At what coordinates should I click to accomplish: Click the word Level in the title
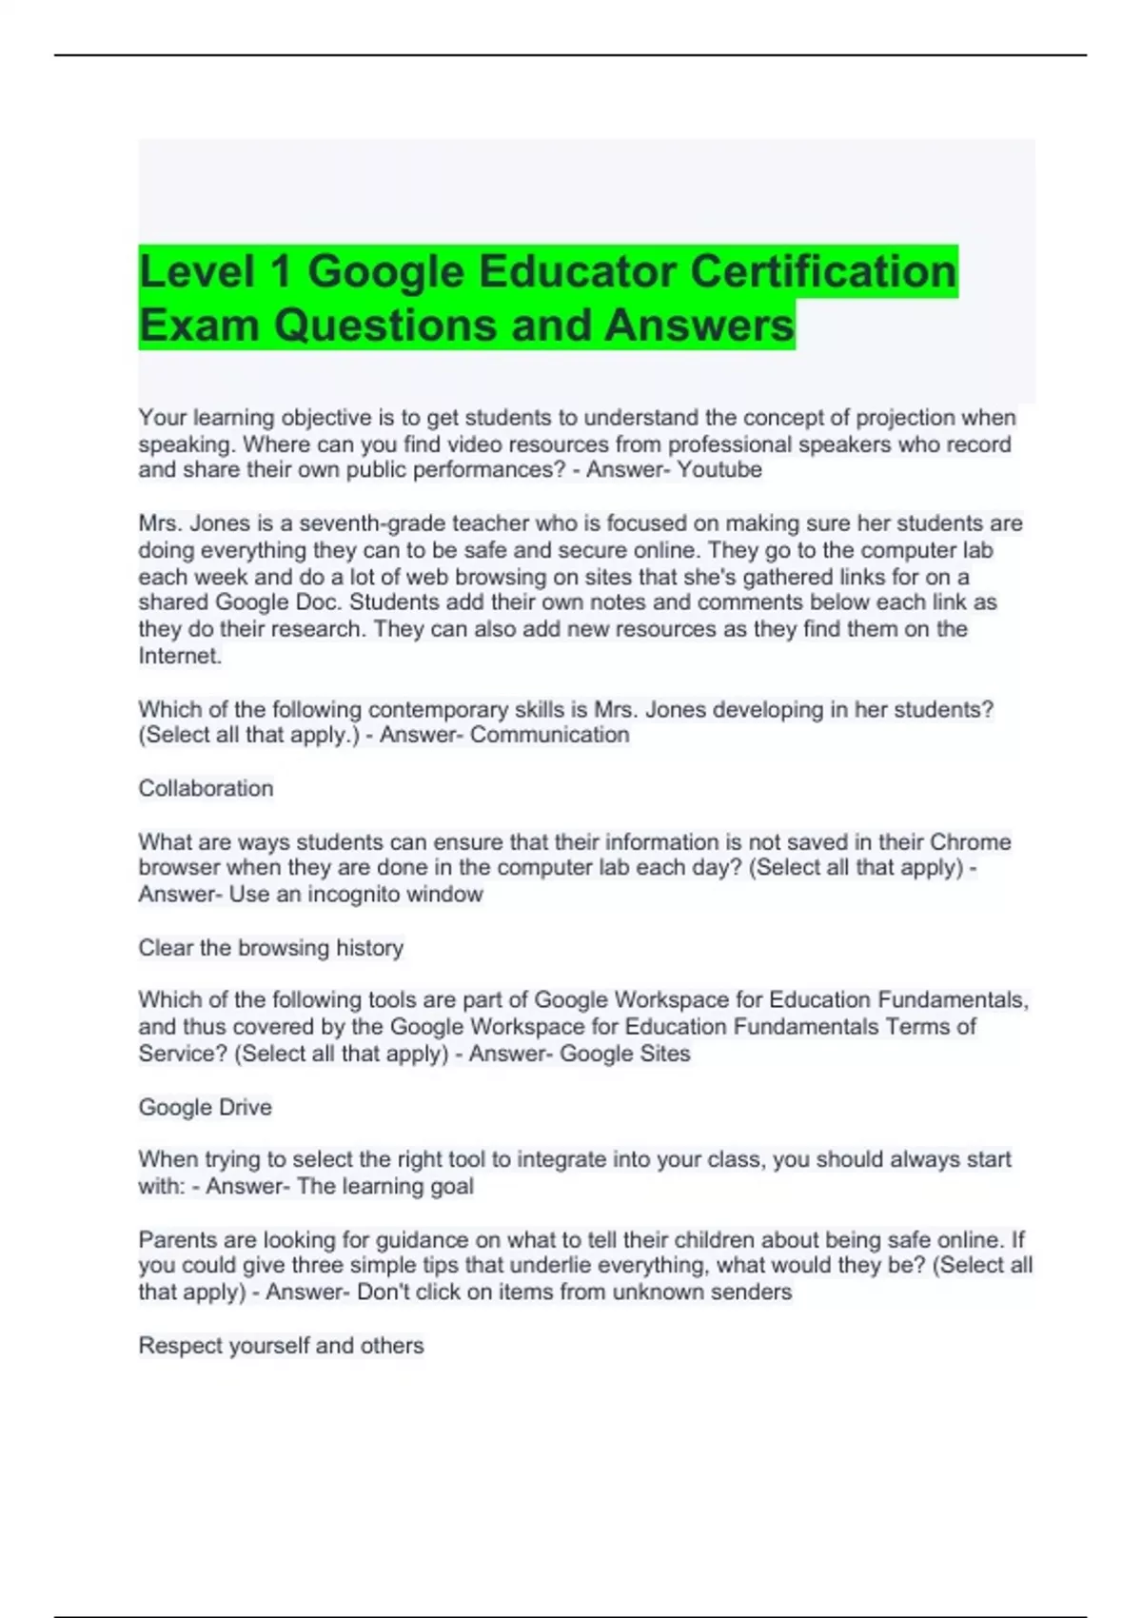pos(196,272)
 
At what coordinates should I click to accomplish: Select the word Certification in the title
pos(823,272)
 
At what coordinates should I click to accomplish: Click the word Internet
pos(180,656)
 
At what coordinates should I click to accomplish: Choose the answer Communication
pos(549,735)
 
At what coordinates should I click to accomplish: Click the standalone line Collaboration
pos(206,788)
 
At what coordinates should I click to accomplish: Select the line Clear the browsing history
pos(271,948)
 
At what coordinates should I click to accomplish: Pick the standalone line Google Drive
pos(206,1107)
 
